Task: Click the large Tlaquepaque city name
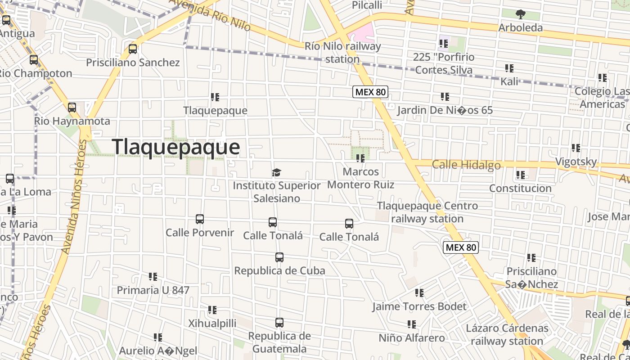click(x=175, y=147)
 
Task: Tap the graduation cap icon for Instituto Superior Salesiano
click(x=276, y=173)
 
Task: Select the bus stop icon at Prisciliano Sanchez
click(x=133, y=49)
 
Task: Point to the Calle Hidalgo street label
click(x=466, y=165)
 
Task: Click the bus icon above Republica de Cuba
click(x=279, y=258)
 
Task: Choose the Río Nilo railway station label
click(x=342, y=52)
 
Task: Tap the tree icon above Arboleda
click(x=521, y=14)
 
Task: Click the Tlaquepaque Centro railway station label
click(x=427, y=212)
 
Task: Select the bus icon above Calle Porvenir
click(x=200, y=219)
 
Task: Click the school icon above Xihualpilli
click(x=212, y=310)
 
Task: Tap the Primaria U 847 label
click(x=153, y=290)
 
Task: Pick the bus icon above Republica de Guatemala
click(x=279, y=323)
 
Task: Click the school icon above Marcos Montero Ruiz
click(x=360, y=158)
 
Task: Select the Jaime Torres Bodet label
click(x=419, y=306)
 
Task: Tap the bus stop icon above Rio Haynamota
click(x=72, y=108)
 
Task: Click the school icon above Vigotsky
click(x=576, y=148)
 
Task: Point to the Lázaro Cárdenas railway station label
click(x=507, y=334)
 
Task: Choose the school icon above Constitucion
click(x=521, y=175)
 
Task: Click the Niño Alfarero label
click(x=411, y=338)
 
